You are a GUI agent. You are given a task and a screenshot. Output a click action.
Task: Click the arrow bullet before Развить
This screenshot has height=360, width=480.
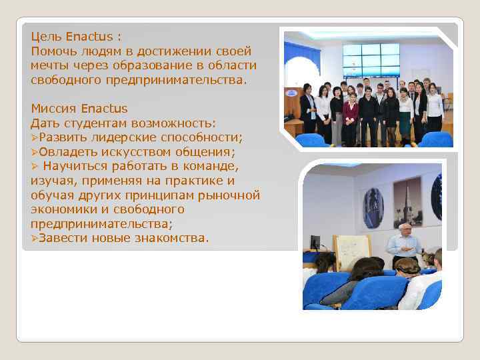click(x=35, y=137)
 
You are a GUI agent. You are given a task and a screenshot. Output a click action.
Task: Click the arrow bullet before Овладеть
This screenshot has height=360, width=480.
click(x=35, y=152)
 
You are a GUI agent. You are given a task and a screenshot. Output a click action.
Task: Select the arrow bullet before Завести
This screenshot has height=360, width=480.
click(x=35, y=238)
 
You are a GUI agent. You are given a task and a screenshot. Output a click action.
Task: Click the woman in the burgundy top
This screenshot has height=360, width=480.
click(x=351, y=117)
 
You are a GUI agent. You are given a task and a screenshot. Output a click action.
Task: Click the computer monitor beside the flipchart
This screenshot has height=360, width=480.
click(x=315, y=243)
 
